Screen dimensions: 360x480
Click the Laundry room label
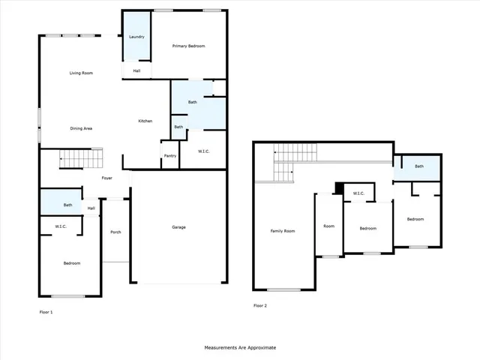[136, 37]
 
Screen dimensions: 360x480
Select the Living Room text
[81, 73]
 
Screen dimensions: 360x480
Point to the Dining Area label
[81, 128]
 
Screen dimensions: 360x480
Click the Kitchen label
[145, 121]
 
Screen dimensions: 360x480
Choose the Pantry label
[169, 156]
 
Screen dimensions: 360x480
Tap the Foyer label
[107, 178]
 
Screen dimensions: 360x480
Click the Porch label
[115, 232]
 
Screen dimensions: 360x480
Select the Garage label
[178, 227]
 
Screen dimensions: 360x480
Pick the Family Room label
[283, 231]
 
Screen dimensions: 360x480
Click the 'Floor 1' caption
[46, 311]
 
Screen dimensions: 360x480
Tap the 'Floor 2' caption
[260, 306]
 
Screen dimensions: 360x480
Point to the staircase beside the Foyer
[80, 158]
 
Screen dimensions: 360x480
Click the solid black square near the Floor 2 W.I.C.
[340, 187]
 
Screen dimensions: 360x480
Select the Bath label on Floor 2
[419, 166]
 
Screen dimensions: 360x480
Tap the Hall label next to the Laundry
[137, 71]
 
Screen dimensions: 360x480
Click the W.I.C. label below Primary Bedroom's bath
[203, 152]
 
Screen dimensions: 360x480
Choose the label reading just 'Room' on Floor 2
[328, 226]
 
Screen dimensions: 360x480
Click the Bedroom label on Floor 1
[71, 263]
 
